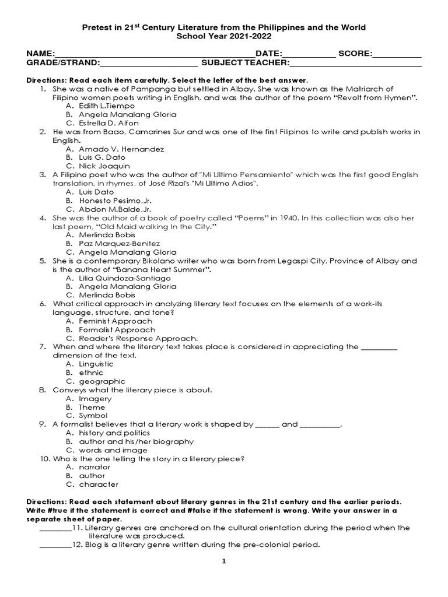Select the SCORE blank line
[x=397, y=55]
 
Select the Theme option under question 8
[x=92, y=407]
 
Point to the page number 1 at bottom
[x=223, y=561]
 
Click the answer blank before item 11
[x=55, y=528]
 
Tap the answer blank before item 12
[x=55, y=546]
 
